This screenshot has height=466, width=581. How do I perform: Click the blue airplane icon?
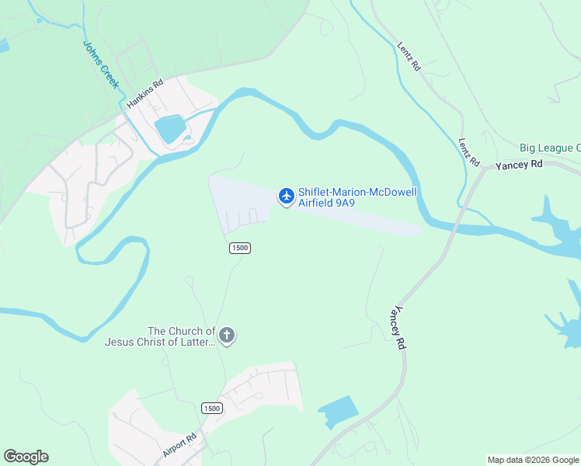(286, 196)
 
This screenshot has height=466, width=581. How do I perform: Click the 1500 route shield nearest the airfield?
(239, 248)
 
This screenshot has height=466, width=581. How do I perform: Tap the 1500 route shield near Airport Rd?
(211, 409)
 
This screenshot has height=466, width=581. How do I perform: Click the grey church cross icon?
(227, 336)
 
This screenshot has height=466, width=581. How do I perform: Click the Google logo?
(26, 457)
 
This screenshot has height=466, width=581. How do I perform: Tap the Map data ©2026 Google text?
(533, 460)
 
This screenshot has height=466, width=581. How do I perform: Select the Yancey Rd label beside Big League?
(520, 165)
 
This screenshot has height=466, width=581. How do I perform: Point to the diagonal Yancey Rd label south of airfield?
(401, 325)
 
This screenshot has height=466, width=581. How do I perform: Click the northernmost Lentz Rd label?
(409, 57)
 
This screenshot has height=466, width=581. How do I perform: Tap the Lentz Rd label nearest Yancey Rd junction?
(468, 151)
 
